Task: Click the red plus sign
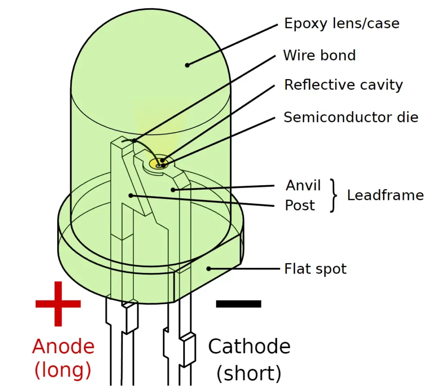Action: click(58, 303)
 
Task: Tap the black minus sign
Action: click(239, 303)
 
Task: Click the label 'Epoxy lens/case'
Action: click(342, 23)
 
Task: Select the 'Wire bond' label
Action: click(319, 55)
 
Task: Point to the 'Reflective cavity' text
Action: click(343, 85)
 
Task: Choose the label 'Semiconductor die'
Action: click(351, 117)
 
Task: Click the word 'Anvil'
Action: click(303, 185)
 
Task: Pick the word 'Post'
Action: click(300, 205)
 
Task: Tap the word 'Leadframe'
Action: click(385, 195)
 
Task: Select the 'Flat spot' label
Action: click(315, 269)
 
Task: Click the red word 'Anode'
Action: click(63, 346)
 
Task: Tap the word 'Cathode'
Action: click(249, 346)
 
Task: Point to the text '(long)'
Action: click(63, 370)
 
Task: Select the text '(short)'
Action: click(249, 373)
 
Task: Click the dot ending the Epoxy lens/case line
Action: click(187, 65)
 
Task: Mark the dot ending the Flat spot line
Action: click(208, 269)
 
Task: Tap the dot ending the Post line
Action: click(130, 196)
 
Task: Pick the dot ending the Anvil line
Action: click(173, 189)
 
